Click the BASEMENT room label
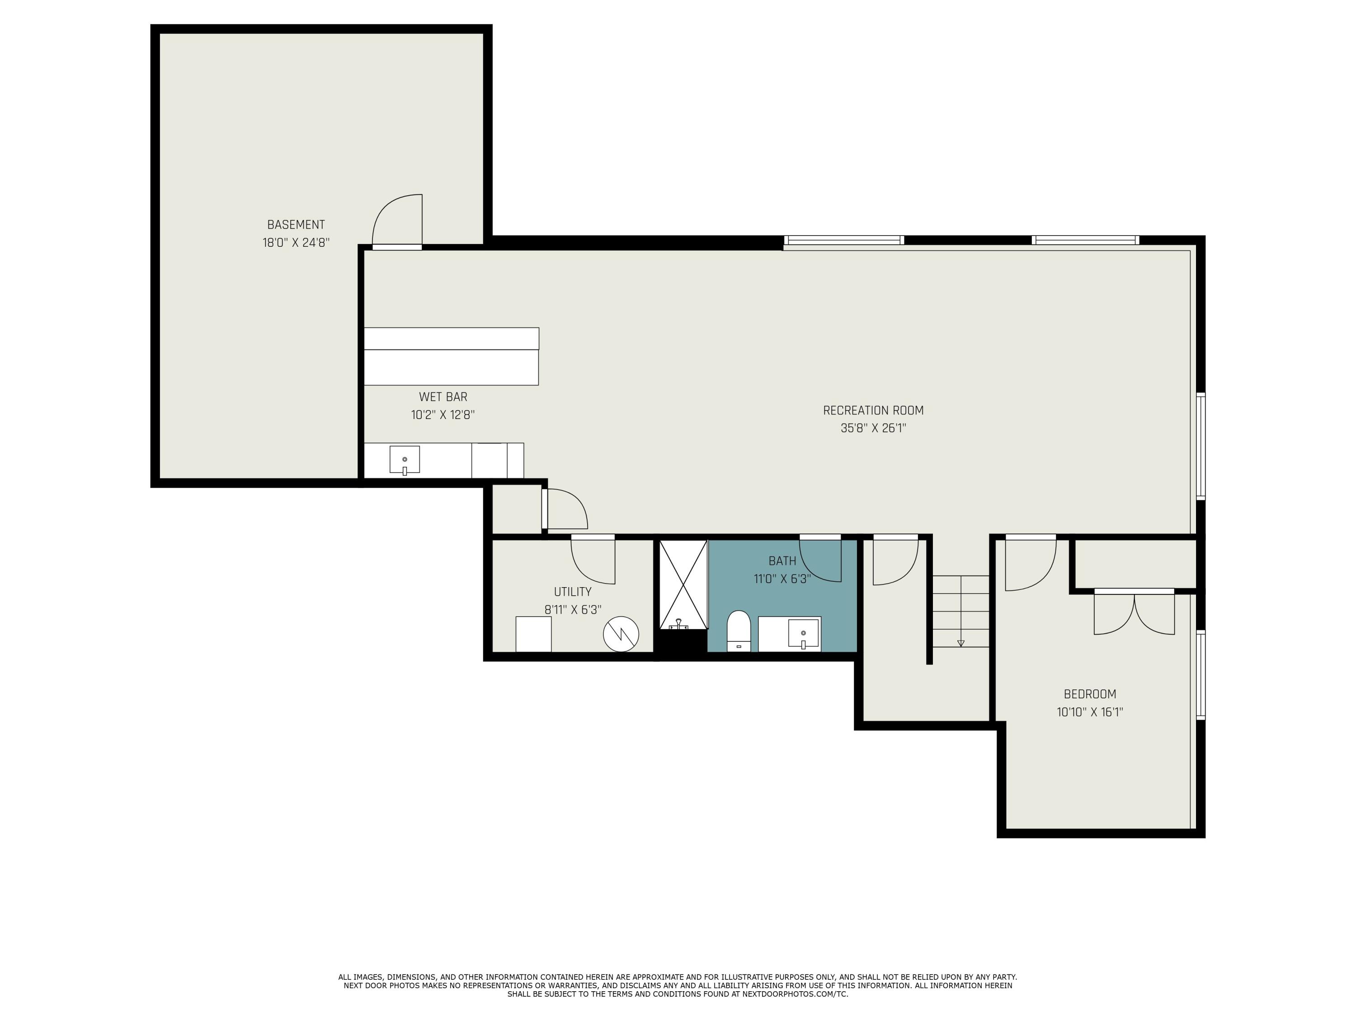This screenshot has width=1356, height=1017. point(296,225)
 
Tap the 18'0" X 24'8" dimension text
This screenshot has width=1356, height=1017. point(296,243)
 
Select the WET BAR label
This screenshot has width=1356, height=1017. point(443,397)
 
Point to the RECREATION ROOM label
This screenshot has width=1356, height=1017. point(873,411)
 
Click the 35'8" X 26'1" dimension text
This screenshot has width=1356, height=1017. point(873,428)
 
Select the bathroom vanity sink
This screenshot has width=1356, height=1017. point(803,634)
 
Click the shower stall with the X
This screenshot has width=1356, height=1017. point(683,584)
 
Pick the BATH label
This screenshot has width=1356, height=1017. point(782,561)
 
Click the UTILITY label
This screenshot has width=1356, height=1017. point(573,592)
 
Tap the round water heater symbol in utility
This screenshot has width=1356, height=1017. point(621,634)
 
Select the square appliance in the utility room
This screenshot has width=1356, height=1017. point(533,634)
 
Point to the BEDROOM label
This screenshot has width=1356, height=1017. point(1090,695)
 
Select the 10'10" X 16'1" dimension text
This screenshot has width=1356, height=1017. point(1090,712)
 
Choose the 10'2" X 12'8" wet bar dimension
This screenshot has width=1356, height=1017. point(443,415)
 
